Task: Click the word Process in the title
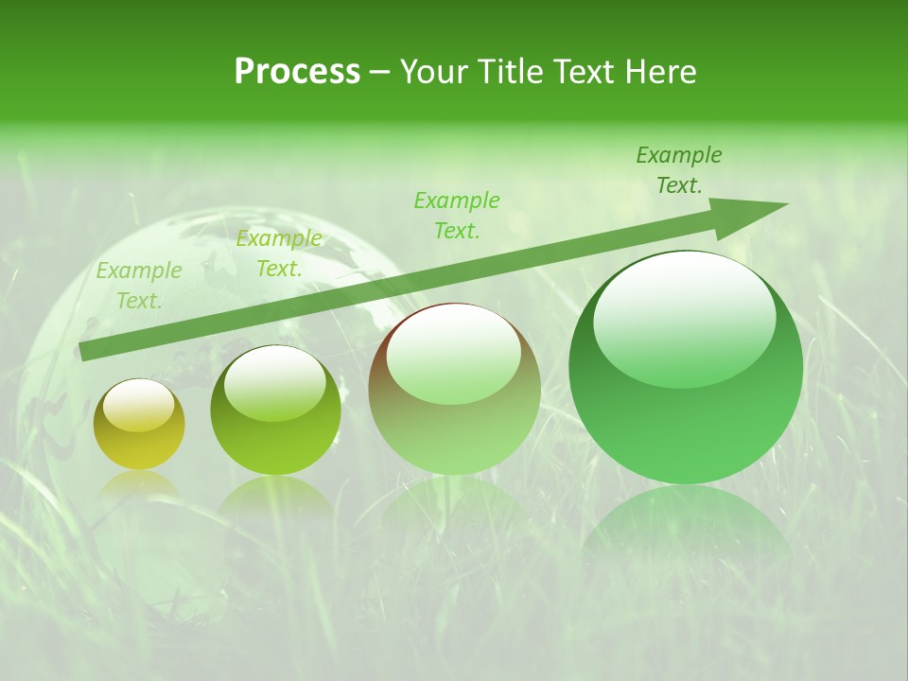click(x=297, y=72)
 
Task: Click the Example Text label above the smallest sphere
click(x=139, y=286)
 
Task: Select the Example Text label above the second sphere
click(x=279, y=253)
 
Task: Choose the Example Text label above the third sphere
click(x=457, y=216)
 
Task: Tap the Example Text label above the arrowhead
click(x=679, y=170)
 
